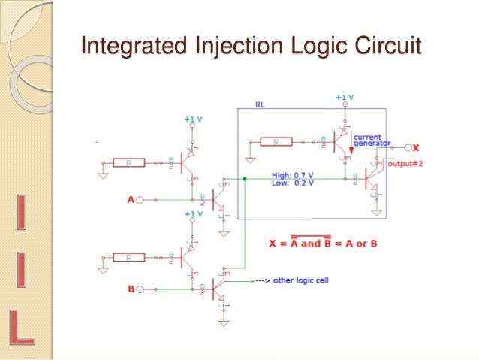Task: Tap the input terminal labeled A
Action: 139,200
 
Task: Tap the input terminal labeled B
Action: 139,288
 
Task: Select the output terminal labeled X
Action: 408,147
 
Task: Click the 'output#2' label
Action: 406,164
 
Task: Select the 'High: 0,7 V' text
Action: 294,177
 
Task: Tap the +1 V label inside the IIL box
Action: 344,98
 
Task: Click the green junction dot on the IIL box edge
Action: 246,179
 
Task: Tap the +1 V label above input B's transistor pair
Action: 194,214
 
